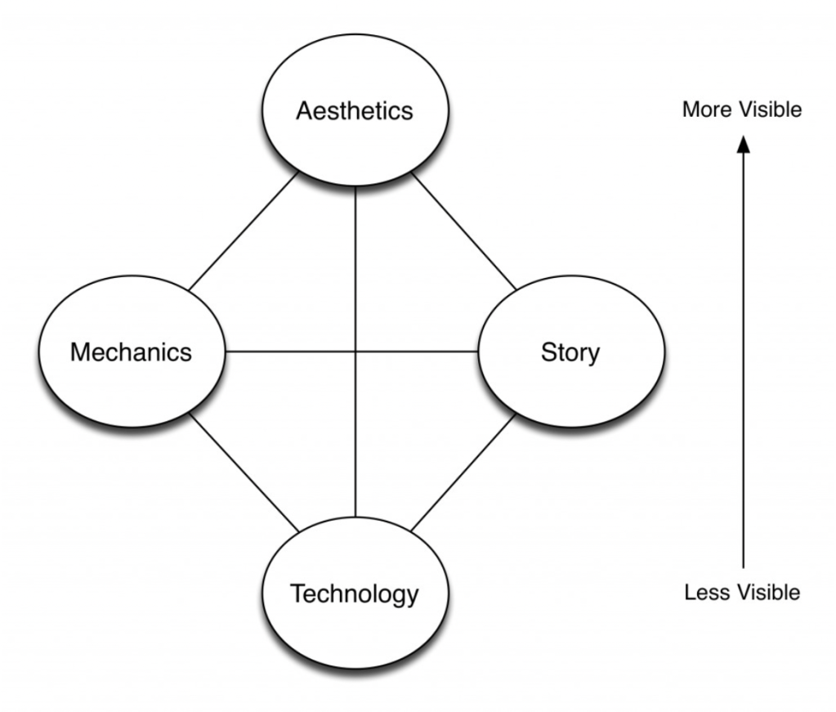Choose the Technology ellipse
(x=354, y=629)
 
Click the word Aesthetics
(x=355, y=110)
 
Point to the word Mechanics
(x=131, y=352)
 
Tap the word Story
(x=570, y=352)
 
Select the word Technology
(x=354, y=593)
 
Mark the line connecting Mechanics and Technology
(x=243, y=471)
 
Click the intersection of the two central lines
(x=355, y=352)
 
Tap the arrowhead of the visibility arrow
(x=742, y=145)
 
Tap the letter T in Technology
(x=297, y=593)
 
